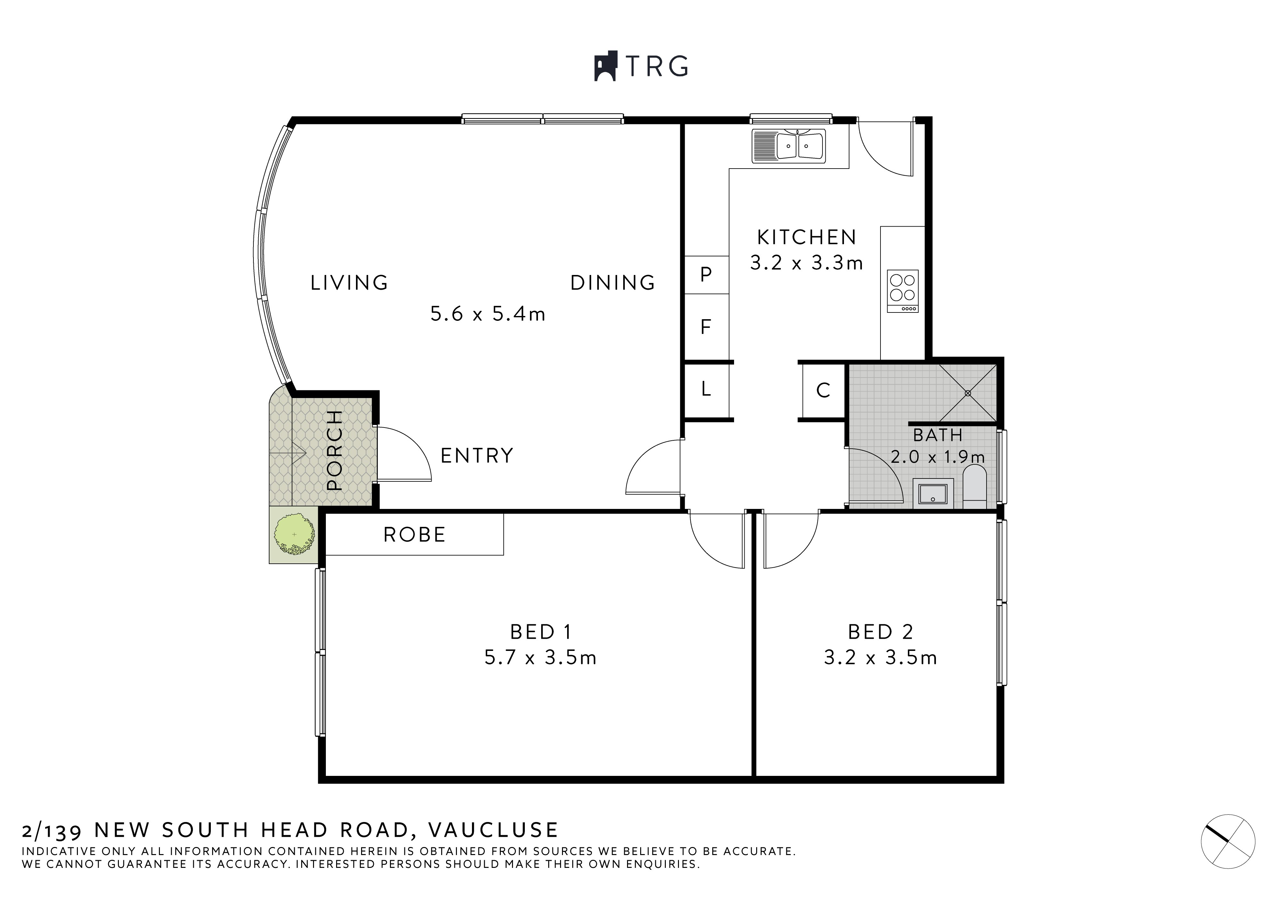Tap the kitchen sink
click(x=788, y=146)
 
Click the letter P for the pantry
click(x=706, y=274)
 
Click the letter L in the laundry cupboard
click(x=706, y=388)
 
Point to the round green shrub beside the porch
click(x=294, y=535)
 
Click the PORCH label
click(x=334, y=450)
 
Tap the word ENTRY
click(x=477, y=456)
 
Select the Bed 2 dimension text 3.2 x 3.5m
click(x=880, y=658)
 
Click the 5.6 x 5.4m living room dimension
click(x=488, y=314)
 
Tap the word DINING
click(x=613, y=283)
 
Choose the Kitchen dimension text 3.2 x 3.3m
click(x=806, y=263)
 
